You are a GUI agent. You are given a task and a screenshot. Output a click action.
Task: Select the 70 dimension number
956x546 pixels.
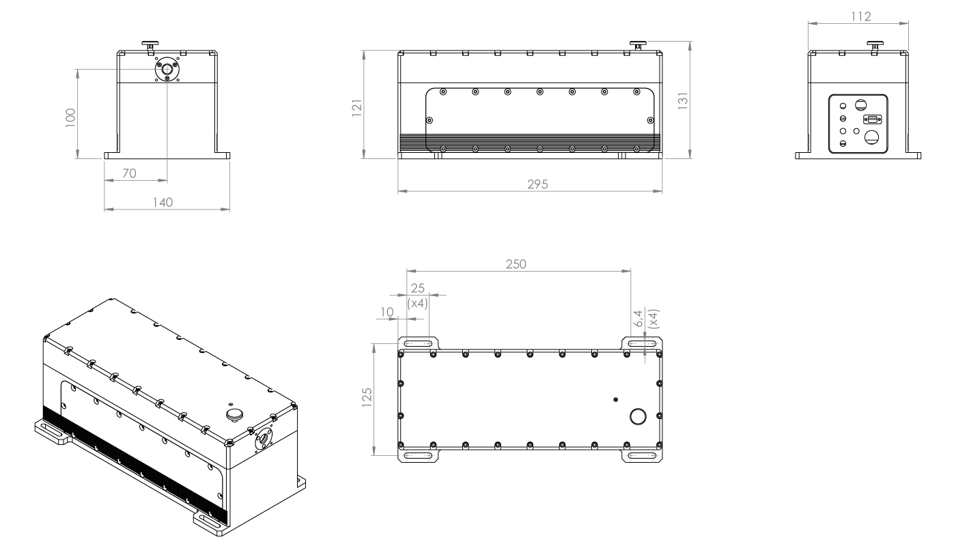[x=128, y=174]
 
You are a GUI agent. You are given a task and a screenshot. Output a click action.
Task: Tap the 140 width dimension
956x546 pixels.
[x=163, y=202]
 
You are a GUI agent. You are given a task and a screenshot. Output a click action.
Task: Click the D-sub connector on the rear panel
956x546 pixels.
[x=871, y=119]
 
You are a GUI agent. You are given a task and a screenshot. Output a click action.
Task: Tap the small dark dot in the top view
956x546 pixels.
[x=616, y=399]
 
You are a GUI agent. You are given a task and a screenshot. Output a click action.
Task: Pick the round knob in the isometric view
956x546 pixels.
[x=236, y=414]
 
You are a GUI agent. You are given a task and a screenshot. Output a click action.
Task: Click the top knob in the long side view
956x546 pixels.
[x=638, y=45]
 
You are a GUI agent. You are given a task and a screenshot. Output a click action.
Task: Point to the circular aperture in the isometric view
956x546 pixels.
[x=262, y=442]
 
